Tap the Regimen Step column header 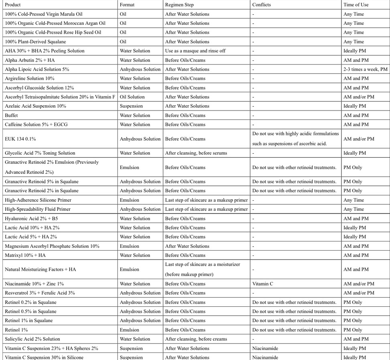[x=179, y=5]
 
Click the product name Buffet [x=11, y=115]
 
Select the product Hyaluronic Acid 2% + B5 [x=34, y=219]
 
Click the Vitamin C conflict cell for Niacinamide [x=263, y=284]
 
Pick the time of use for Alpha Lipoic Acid [x=365, y=69]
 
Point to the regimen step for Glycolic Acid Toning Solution [x=196, y=153]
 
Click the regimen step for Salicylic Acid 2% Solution [x=196, y=339]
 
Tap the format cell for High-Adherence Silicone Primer [x=129, y=200]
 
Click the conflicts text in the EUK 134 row [x=295, y=139]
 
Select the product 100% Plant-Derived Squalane [x=35, y=42]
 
